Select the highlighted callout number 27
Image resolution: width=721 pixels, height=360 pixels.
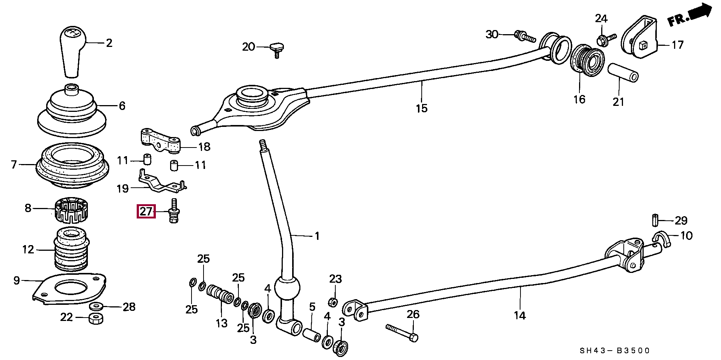[x=146, y=212]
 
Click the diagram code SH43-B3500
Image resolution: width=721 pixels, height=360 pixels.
[x=614, y=351]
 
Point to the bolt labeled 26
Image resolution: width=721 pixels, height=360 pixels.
[x=402, y=333]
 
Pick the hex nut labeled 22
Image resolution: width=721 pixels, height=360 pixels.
[x=97, y=319]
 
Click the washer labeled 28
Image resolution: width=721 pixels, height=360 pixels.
[x=97, y=306]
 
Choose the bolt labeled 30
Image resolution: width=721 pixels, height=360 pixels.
[x=525, y=36]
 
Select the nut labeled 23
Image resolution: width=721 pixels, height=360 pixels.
[x=332, y=302]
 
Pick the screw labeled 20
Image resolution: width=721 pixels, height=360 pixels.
[x=277, y=49]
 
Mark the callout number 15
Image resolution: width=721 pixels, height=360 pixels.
[x=421, y=108]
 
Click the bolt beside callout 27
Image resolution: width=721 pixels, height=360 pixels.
[x=174, y=212]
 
